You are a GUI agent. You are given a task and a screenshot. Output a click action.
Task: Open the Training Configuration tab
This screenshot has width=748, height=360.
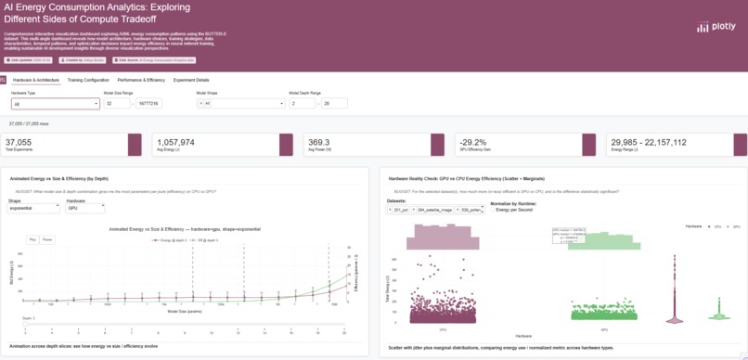pos(88,80)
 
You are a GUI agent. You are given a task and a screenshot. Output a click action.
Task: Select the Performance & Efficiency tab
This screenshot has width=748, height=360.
pos(141,80)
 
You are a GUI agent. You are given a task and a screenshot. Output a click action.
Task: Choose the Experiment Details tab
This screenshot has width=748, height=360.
pos(191,80)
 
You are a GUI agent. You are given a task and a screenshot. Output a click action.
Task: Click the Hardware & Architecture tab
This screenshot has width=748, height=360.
pos(36,80)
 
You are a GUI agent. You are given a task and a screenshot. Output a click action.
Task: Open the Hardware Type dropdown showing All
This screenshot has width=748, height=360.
pos(55,104)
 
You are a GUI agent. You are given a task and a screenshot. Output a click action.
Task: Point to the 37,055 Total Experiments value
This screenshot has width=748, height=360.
pos(19,142)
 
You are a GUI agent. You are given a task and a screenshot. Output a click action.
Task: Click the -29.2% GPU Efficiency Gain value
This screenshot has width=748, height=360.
pos(473,142)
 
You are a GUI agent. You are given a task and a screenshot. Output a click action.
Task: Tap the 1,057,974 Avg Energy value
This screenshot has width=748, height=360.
pos(176,142)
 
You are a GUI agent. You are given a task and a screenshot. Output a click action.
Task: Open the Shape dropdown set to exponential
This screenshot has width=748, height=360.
pos(32,209)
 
